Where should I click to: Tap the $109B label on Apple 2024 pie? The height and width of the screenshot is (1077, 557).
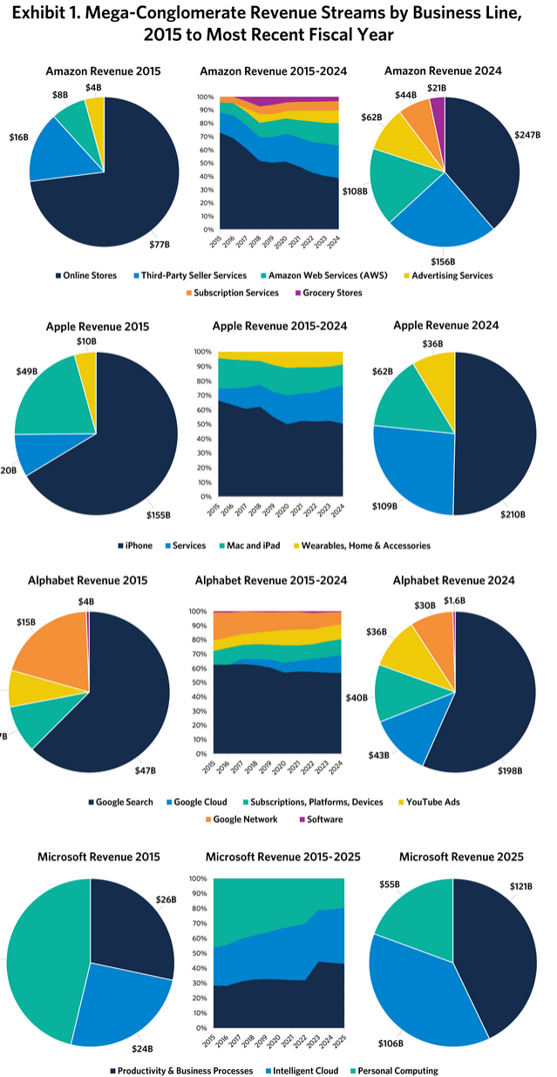[x=384, y=505]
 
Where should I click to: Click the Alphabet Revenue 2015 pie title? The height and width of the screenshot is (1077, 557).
[x=88, y=580]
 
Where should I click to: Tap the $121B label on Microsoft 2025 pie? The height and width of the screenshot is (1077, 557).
[x=521, y=885]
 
